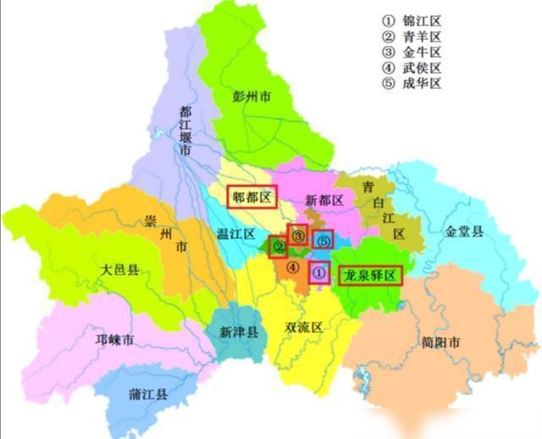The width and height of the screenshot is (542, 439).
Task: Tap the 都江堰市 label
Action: [185, 131]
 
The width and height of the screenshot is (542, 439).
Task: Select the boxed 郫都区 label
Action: [252, 197]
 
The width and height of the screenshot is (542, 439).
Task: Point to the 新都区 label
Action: [323, 201]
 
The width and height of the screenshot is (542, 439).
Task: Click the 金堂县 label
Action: [465, 231]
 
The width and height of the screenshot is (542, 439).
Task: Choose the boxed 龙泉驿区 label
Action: [368, 275]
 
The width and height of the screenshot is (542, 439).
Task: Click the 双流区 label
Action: [304, 327]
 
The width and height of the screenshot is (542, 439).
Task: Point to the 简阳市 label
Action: [440, 343]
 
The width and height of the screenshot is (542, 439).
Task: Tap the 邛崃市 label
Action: [115, 341]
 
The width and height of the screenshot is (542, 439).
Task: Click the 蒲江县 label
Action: [147, 395]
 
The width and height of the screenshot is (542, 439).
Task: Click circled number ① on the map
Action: [318, 273]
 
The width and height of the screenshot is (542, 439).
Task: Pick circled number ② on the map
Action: [278, 247]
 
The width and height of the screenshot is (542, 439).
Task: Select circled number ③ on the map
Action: [297, 235]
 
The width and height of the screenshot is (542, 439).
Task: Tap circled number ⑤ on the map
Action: [324, 241]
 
